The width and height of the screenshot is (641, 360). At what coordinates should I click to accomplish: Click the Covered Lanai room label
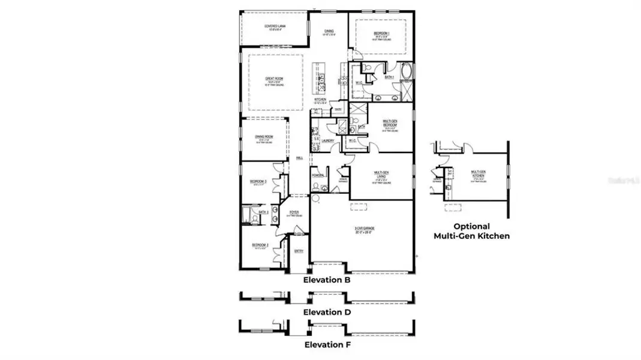point(274,26)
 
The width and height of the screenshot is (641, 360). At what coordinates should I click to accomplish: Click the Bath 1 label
point(389,77)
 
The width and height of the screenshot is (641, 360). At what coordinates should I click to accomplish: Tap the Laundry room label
point(327,141)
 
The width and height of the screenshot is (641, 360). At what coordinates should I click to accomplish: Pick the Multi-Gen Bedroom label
point(390,123)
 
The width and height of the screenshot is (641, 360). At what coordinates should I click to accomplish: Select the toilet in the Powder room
point(315,187)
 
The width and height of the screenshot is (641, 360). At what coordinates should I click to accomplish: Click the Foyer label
point(294,212)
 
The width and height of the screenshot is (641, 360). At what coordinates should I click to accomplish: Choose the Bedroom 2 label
point(259,245)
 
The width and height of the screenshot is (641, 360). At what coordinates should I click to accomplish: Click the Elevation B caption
point(326,280)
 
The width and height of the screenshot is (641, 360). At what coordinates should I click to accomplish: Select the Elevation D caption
point(327,312)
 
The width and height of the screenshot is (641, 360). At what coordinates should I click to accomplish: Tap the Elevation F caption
point(327,344)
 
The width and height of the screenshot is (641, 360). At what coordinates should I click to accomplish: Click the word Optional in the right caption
point(471,226)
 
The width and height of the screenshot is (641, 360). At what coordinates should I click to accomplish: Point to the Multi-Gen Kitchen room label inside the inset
point(478,173)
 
